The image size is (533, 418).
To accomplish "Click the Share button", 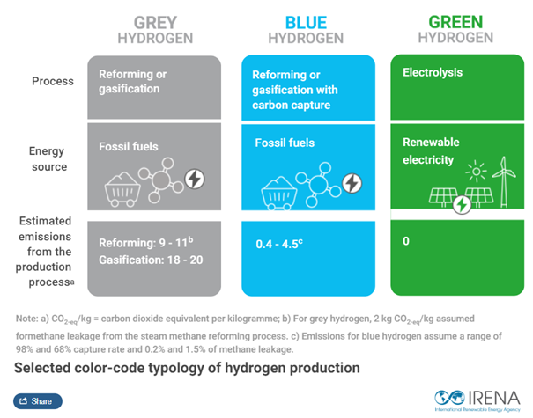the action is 38,401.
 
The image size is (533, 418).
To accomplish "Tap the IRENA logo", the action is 477,400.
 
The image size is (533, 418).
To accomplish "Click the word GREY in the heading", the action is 155,23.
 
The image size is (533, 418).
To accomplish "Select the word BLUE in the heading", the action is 306,23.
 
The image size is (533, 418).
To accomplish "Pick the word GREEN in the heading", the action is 455,22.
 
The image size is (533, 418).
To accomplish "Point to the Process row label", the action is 53,81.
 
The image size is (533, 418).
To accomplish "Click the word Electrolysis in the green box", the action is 433,72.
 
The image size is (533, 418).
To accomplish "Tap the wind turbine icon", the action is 504,182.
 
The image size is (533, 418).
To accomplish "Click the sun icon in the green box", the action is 476,171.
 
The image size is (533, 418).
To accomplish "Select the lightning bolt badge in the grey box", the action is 195,179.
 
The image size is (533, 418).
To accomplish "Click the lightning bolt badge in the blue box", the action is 352,183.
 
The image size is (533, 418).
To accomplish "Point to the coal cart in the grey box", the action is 122,189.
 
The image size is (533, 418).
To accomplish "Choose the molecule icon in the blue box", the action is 318,185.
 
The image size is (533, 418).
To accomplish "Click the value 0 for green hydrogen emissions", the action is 406,241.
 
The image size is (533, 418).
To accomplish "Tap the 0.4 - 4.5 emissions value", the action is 279,244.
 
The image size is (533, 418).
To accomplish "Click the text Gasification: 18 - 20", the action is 151,260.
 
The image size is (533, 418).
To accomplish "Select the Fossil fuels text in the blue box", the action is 285,143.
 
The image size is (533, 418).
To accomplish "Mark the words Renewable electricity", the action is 431,150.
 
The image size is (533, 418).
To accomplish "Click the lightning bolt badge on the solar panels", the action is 462,205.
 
